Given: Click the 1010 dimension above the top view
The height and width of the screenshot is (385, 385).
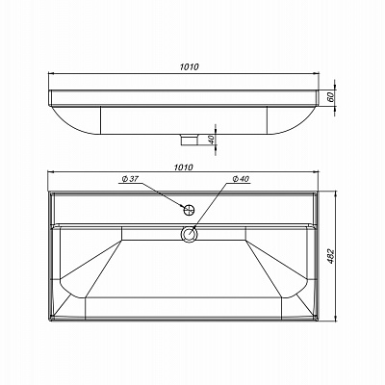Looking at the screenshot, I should click(x=183, y=167).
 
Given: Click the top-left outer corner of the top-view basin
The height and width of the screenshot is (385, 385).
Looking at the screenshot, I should click(x=46, y=190).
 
